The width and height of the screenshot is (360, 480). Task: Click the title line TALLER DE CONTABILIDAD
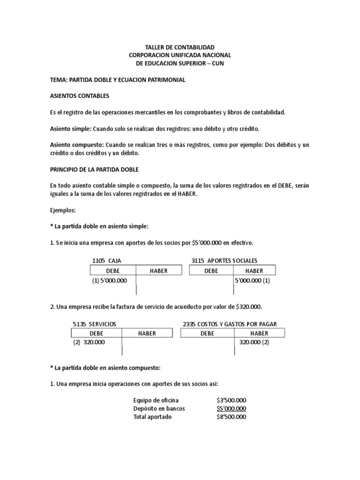(x=180, y=47)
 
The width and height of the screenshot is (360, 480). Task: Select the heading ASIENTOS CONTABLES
(x=79, y=96)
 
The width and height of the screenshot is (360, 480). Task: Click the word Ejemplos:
(x=62, y=210)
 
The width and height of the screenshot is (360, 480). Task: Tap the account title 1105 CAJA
(x=107, y=261)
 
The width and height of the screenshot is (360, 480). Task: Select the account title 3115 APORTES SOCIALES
(x=224, y=261)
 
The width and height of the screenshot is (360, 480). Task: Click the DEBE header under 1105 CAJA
(x=113, y=271)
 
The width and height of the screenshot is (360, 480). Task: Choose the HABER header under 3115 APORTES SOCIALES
(x=254, y=271)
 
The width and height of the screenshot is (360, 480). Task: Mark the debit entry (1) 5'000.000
(x=110, y=280)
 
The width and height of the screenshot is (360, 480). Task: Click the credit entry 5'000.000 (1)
(x=252, y=280)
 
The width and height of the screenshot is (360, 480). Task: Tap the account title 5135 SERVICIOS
(x=94, y=324)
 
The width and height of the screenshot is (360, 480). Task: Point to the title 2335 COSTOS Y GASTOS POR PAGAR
(x=230, y=324)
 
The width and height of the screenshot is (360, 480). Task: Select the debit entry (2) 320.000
(x=89, y=342)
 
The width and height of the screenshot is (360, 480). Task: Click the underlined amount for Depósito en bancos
(x=232, y=408)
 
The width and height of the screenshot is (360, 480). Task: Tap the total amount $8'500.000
(x=231, y=417)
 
